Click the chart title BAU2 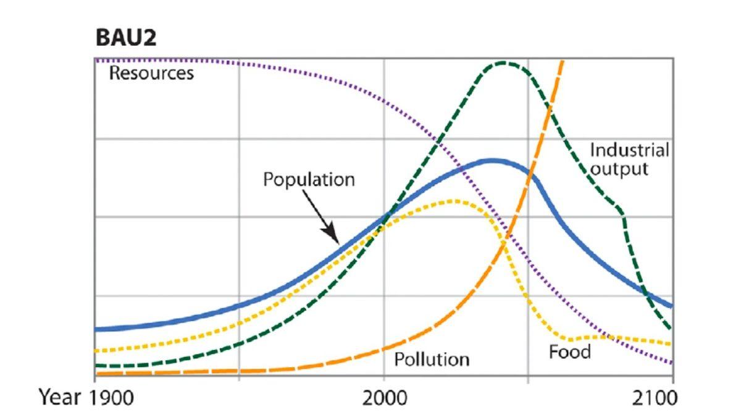pyautogui.click(x=126, y=38)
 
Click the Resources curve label pyautogui.click(x=151, y=74)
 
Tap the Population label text pyautogui.click(x=309, y=180)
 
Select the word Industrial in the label pyautogui.click(x=629, y=150)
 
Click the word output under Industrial pyautogui.click(x=619, y=168)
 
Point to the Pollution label pyautogui.click(x=432, y=359)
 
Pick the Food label pyautogui.click(x=569, y=352)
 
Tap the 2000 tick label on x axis pyautogui.click(x=384, y=397)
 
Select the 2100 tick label pyautogui.click(x=655, y=397)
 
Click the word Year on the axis pyautogui.click(x=61, y=397)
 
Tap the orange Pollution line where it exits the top pyautogui.click(x=562, y=60)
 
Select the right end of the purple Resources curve pyautogui.click(x=672, y=363)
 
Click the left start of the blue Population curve pyautogui.click(x=97, y=329)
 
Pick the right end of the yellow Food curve pyautogui.click(x=671, y=343)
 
